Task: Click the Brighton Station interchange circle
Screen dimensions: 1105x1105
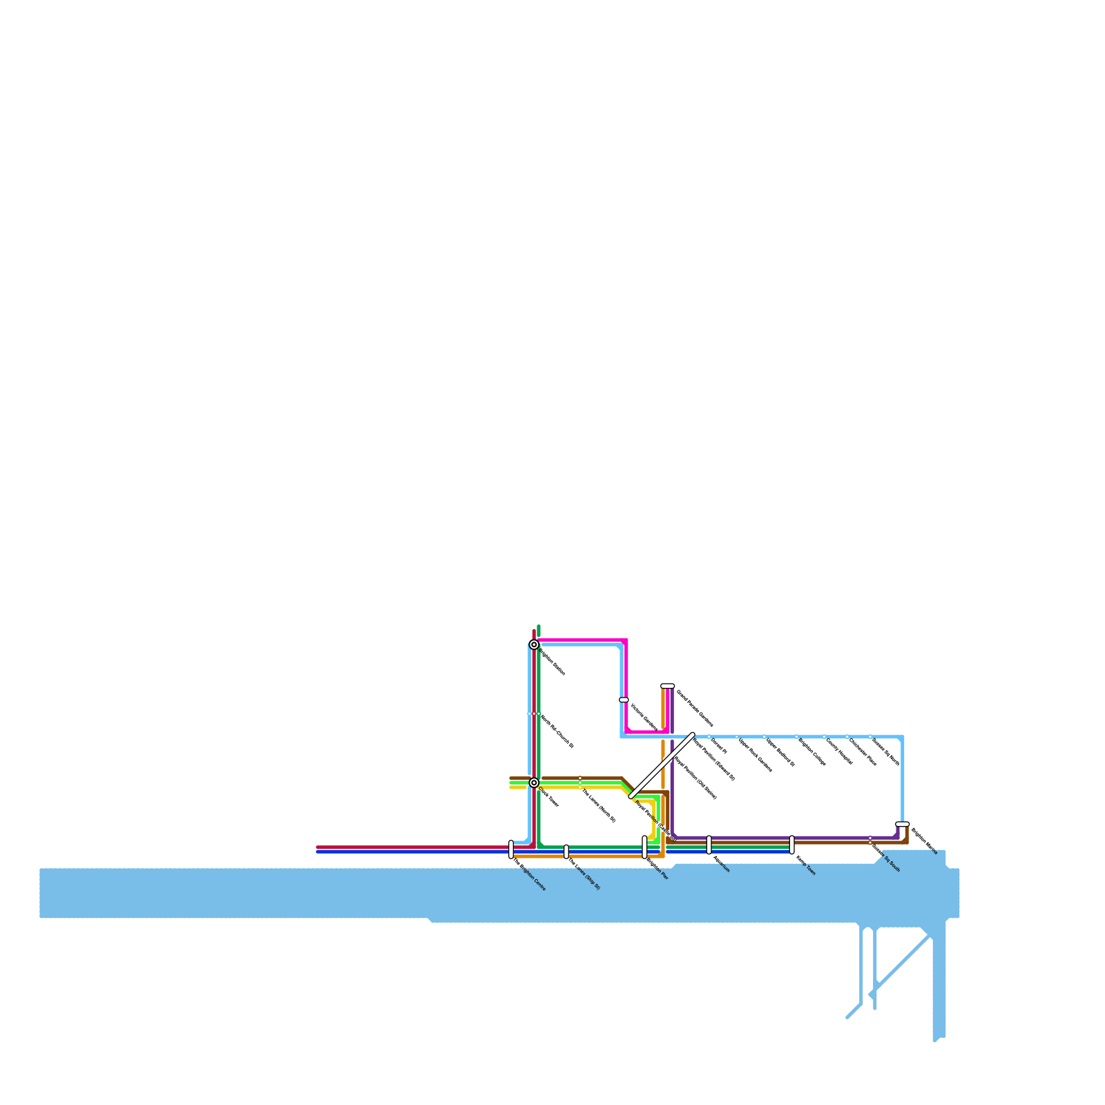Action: pos(534,644)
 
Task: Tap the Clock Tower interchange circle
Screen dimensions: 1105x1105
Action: pos(534,782)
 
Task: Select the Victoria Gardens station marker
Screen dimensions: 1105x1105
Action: pos(624,700)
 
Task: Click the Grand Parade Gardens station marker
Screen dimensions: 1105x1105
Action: pos(667,686)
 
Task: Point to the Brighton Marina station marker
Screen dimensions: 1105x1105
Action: pos(902,824)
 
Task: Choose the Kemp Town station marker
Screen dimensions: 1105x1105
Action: pos(791,845)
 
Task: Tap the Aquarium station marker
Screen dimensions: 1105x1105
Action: pos(709,845)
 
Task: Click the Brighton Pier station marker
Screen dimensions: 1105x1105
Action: pos(644,847)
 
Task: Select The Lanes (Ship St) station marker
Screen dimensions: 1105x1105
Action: pos(566,852)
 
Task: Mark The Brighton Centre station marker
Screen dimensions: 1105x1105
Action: pos(511,849)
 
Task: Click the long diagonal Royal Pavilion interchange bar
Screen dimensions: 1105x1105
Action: pos(662,765)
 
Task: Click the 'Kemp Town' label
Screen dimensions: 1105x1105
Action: pos(806,866)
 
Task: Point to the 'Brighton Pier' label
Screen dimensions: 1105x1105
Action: pos(657,869)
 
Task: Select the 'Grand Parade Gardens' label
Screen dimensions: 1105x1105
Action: pos(694,708)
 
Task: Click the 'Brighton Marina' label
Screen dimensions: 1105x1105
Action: pos(924,840)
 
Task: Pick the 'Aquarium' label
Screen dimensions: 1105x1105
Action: pos(721,865)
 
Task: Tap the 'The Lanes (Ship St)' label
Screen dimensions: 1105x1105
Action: pos(584,874)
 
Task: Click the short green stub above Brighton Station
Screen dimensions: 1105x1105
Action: pos(539,631)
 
